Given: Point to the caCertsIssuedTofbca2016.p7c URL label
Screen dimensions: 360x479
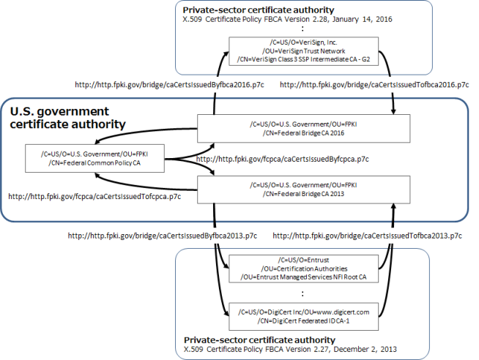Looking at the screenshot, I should coord(374,85).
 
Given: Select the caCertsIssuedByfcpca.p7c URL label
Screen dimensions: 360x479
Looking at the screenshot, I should coord(283,158).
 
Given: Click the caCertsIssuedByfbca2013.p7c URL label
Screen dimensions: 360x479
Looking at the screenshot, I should coord(162,236).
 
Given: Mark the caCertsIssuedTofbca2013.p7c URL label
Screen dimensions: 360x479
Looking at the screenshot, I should coord(368,236).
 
